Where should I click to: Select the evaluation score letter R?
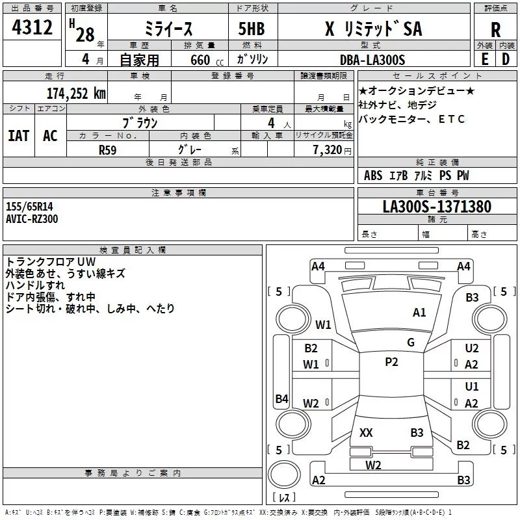pos(495,29)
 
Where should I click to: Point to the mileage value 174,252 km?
pos(76,93)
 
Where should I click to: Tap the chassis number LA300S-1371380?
pos(437,207)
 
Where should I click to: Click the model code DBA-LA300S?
pos(372,60)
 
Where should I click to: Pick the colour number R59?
pos(108,149)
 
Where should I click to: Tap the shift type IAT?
pos(19,135)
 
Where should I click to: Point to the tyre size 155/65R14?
pos(29,207)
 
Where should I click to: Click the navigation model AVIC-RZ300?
pos(32,219)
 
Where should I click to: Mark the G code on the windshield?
pos(410,343)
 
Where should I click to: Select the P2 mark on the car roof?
pos(391,362)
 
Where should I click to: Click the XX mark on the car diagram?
pos(366,432)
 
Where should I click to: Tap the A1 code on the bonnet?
pos(419,313)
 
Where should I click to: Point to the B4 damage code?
pos(281,398)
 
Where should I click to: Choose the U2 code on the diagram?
pos(472,349)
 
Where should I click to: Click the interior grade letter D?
pos(505,59)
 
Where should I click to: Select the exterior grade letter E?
pos(484,59)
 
